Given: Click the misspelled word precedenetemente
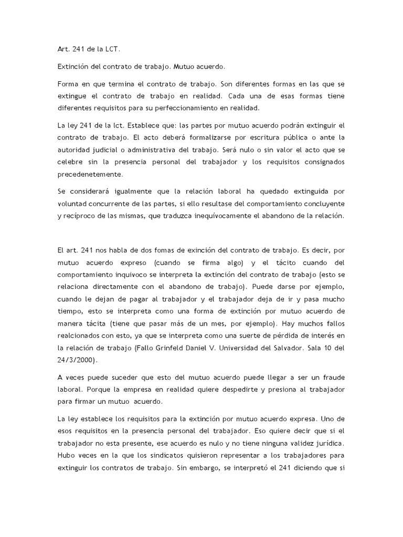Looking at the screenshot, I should [90, 174].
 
